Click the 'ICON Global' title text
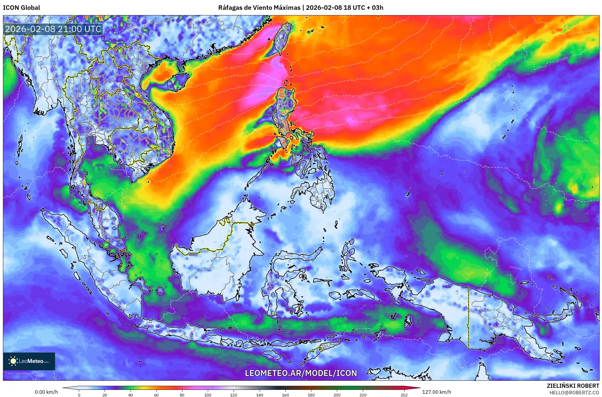pyautogui.click(x=21, y=8)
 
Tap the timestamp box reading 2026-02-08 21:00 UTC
pyautogui.click(x=53, y=29)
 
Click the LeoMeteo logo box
pyautogui.click(x=29, y=361)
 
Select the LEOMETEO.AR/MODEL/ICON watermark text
pyautogui.click(x=301, y=373)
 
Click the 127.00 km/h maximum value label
pyautogui.click(x=436, y=392)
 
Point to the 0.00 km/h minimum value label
pyautogui.click(x=46, y=392)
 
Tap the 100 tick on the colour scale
pyautogui.click(x=208, y=395)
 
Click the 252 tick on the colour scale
pyautogui.click(x=404, y=395)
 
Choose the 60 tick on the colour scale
pyautogui.click(x=156, y=395)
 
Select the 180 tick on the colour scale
pyautogui.click(x=311, y=395)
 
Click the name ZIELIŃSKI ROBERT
pyautogui.click(x=573, y=386)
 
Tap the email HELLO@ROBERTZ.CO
pyautogui.click(x=574, y=393)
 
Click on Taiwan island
pyautogui.click(x=282, y=39)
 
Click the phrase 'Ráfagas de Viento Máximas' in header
pyautogui.click(x=259, y=8)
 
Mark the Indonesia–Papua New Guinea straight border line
pyautogui.click(x=468, y=317)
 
